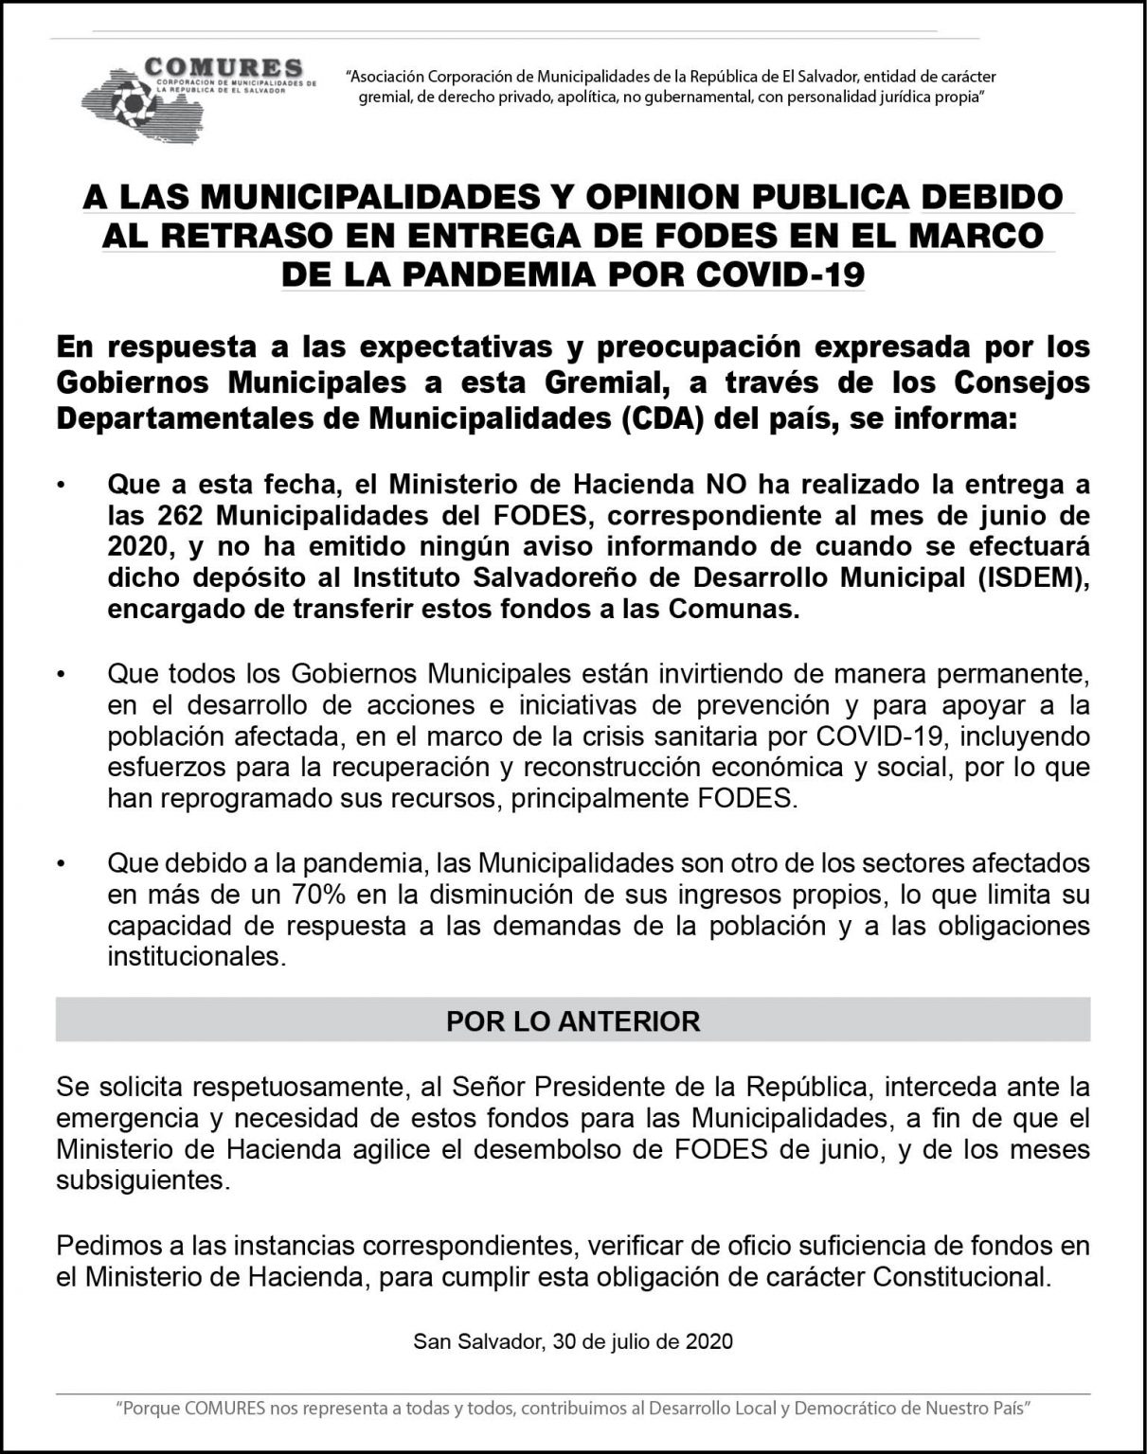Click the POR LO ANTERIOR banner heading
coord(573,1021)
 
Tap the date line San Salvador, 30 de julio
coord(573,1341)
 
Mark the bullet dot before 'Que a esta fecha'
coord(63,487)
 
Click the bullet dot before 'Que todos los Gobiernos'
coord(63,675)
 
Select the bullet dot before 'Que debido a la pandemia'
coord(63,864)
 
